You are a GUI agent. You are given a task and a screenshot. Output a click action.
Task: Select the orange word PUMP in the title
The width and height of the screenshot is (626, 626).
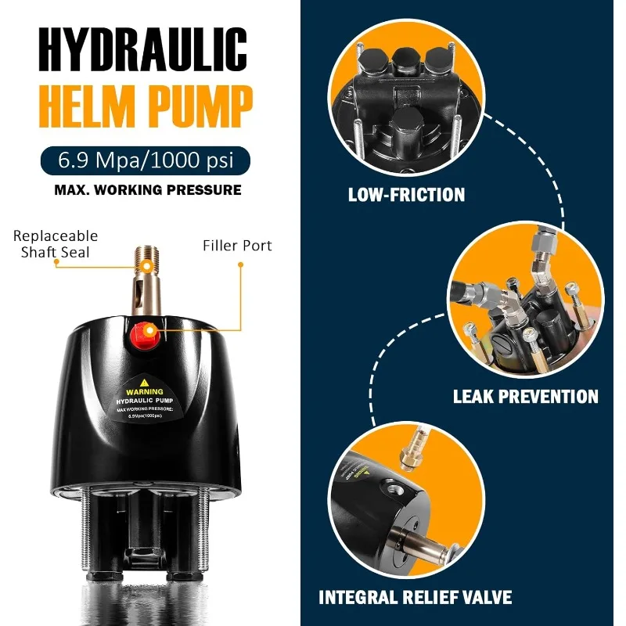click(x=201, y=106)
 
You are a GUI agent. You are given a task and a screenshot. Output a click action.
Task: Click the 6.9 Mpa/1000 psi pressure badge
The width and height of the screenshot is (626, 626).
click(x=147, y=161)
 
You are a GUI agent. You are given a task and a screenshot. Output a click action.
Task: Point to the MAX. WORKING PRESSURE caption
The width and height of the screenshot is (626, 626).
click(x=147, y=189)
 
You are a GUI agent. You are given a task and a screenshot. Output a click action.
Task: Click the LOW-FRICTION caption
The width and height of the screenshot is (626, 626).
click(x=406, y=194)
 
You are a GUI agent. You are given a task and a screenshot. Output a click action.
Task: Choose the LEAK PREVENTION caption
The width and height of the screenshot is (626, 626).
click(x=525, y=397)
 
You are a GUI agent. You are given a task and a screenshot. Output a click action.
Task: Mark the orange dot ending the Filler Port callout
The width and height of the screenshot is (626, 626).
click(x=240, y=264)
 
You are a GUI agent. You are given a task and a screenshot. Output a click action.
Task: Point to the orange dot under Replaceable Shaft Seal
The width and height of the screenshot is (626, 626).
click(x=56, y=264)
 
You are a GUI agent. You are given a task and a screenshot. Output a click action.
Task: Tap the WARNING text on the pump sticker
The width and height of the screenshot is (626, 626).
click(x=145, y=391)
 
